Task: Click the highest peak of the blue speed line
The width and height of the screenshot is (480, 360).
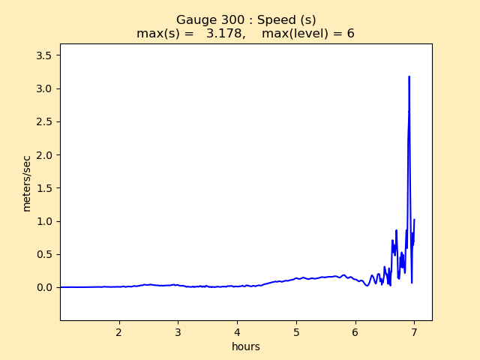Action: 409,76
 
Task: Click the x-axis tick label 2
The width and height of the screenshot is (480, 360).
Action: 119,331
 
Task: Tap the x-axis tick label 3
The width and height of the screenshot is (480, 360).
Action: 178,331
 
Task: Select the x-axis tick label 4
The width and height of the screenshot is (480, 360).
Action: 237,331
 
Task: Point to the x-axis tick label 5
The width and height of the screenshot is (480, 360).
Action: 296,331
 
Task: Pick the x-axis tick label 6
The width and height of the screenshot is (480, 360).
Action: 355,331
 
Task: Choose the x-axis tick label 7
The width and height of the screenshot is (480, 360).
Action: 414,331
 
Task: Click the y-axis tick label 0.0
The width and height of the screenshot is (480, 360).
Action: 45,287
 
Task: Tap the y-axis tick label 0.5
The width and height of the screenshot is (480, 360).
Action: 45,254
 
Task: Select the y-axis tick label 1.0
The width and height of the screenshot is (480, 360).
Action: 45,221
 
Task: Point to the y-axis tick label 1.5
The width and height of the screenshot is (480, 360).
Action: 45,188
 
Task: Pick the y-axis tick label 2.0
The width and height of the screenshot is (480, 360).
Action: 45,155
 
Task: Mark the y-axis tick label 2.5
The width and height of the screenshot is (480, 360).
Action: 45,122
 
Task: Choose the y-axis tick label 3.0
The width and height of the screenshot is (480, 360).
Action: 45,88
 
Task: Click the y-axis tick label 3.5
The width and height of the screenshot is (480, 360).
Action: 45,55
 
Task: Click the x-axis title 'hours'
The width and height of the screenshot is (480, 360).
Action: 246,346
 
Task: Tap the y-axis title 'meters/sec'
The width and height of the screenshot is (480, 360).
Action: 27,183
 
